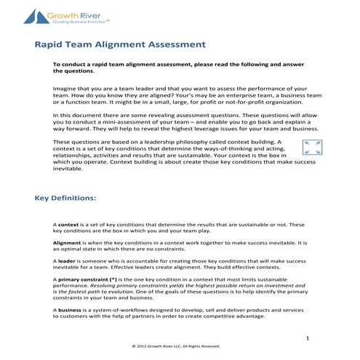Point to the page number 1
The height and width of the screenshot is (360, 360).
pyautogui.click(x=308, y=339)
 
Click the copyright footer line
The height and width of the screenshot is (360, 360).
pyautogui.click(x=179, y=346)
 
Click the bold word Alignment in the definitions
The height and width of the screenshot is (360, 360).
pyautogui.click(x=68, y=241)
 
